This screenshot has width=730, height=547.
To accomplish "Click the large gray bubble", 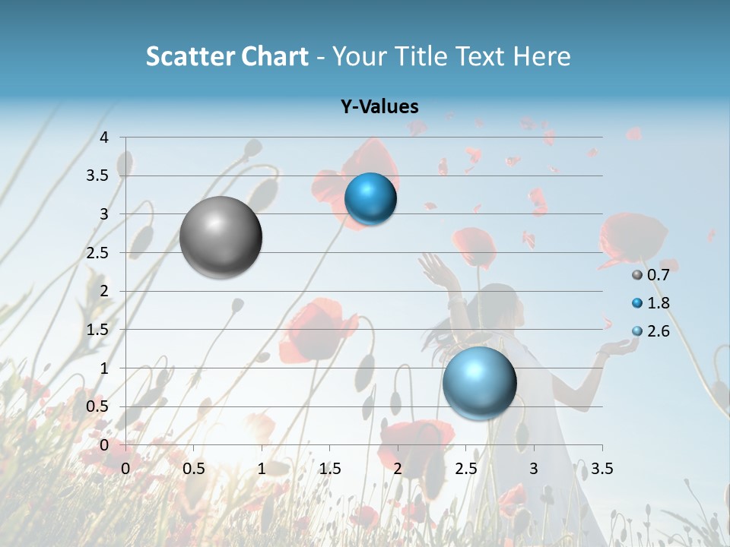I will pyautogui.click(x=221, y=237).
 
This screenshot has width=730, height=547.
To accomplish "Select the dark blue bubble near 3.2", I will pyautogui.click(x=370, y=199).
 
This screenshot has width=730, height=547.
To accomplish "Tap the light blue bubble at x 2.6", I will pyautogui.click(x=479, y=382).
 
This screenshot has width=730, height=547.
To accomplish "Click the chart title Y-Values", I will pyautogui.click(x=379, y=107).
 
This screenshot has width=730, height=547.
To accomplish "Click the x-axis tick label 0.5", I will pyautogui.click(x=194, y=469).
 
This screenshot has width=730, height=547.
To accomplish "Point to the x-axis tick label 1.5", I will pyautogui.click(x=330, y=469).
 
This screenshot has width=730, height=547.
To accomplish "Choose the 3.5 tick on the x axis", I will pyautogui.click(x=601, y=469).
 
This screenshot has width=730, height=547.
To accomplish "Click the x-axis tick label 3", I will pyautogui.click(x=534, y=469).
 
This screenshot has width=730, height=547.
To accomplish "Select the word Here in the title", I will pyautogui.click(x=541, y=56).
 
